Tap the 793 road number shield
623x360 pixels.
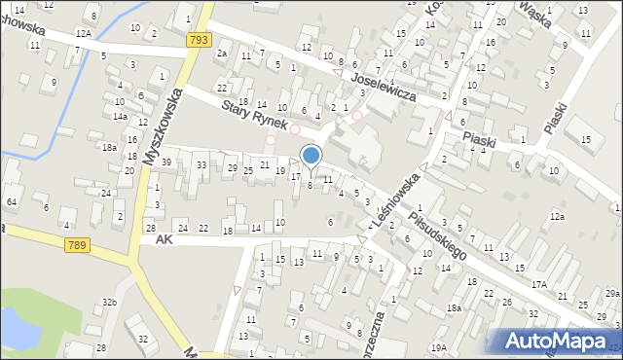[x=200, y=40]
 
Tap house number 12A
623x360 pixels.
[x=85, y=34]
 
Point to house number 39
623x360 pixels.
[x=166, y=162]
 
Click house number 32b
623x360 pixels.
[x=110, y=303]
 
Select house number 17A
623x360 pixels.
[x=538, y=284]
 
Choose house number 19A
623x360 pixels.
[x=439, y=347]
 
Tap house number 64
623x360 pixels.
[x=12, y=201]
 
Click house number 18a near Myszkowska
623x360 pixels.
[x=109, y=148]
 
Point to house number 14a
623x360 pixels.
[x=119, y=116]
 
